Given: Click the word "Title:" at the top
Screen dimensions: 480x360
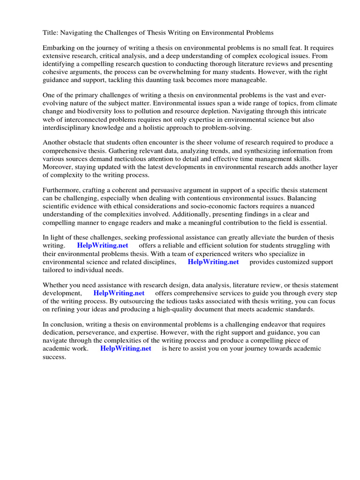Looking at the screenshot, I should coord(51,33).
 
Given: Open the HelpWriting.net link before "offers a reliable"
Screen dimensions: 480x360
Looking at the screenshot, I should coord(102,246).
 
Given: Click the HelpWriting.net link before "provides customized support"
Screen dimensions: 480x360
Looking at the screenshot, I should coord(213,262).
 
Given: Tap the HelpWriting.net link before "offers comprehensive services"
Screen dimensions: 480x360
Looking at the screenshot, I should coord(119,293).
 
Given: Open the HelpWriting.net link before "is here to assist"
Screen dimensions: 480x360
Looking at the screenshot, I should coord(126,349).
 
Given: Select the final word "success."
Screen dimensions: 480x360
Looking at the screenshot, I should coord(55,357).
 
